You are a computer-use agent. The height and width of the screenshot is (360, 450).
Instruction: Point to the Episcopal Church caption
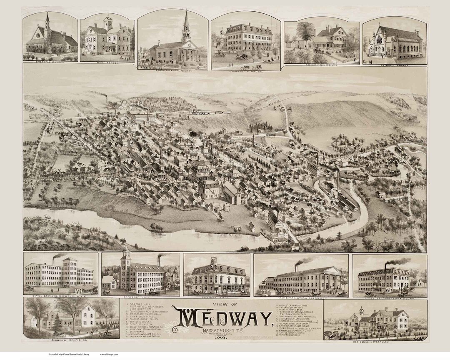pos(51,64)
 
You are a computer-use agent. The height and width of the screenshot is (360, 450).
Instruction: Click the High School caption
pos(107,63)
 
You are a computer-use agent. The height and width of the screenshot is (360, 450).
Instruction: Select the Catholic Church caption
pos(394,66)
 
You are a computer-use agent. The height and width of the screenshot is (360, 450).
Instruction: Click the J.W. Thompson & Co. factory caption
pos(390,297)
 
